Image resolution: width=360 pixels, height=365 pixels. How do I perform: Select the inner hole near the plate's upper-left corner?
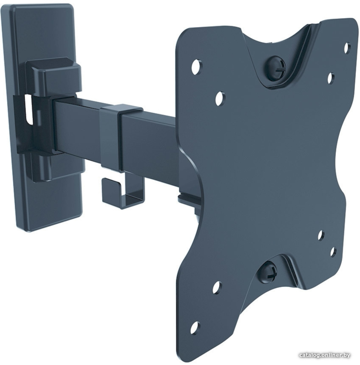[220, 98]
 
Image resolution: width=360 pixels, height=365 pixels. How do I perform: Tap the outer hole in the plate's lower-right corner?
[333, 252]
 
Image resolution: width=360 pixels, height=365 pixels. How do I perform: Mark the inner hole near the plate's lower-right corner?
[321, 235]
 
